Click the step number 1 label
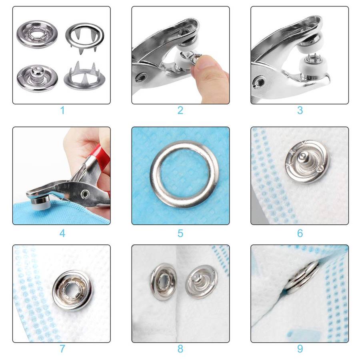pos(62,110)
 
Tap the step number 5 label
pos(180,234)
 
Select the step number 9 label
pos(300,349)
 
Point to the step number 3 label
pos(300,110)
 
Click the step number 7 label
pos(62,349)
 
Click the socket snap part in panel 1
pos(37,34)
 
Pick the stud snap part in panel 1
pos(37,78)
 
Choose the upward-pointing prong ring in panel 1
pos(84,77)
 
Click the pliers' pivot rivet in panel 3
pos(259,82)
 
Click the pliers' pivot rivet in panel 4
pos(86,194)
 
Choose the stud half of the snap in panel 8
pos(202,282)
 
